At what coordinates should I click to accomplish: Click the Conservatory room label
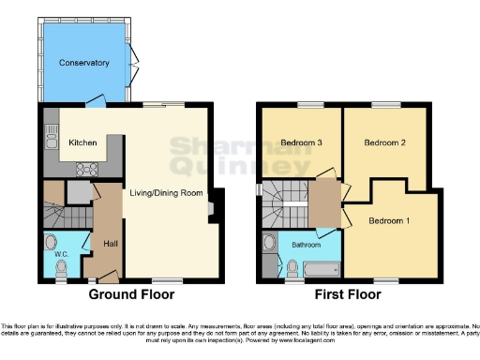tap(84, 63)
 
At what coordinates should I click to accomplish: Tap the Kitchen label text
tap(83, 142)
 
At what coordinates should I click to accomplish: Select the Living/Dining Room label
tap(166, 192)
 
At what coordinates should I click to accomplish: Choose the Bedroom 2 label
tap(384, 142)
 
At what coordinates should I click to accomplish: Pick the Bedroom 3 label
tap(302, 142)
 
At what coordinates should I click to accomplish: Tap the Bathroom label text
tap(306, 245)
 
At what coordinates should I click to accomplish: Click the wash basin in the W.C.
tap(50, 239)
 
